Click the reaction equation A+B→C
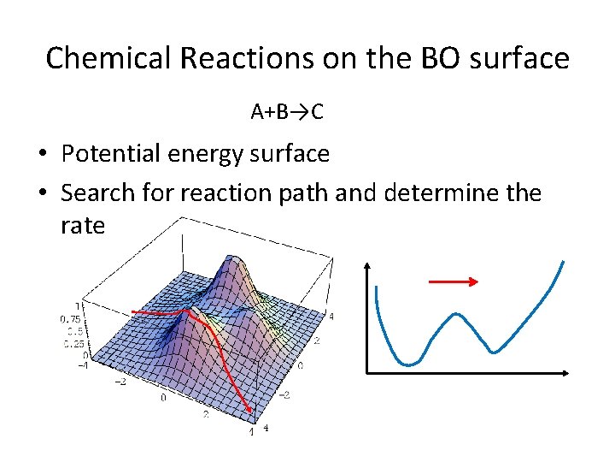pyautogui.click(x=287, y=111)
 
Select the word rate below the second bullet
pyautogui.click(x=83, y=226)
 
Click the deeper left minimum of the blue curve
pyautogui.click(x=410, y=364)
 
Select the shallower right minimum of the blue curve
pyautogui.click(x=495, y=352)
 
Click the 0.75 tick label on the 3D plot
pyautogui.click(x=69, y=318)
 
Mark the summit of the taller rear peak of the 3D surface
pyautogui.click(x=227, y=256)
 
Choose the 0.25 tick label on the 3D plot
pyautogui.click(x=69, y=344)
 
